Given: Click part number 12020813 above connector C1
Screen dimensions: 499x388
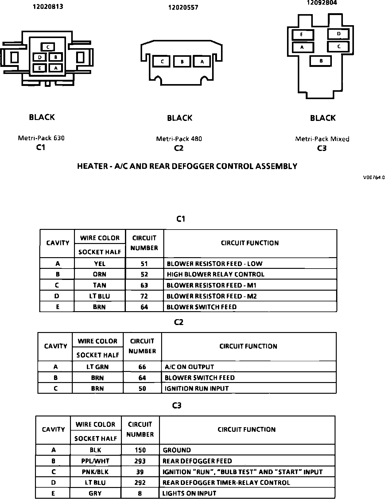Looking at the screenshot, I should (48, 6).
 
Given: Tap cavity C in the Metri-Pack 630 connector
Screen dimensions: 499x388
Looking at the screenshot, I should (48, 47).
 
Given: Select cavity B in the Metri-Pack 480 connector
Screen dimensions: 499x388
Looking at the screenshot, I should (182, 61).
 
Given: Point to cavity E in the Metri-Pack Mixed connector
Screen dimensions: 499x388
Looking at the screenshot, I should (302, 34).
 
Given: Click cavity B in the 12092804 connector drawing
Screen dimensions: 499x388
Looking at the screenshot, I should (321, 61).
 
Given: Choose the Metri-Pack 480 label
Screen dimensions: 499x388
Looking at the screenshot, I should (179, 139).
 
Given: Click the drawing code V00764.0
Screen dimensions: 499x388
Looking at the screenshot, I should (374, 177).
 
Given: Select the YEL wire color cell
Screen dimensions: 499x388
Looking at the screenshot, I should (100, 264).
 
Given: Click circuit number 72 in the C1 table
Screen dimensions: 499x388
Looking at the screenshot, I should (144, 296).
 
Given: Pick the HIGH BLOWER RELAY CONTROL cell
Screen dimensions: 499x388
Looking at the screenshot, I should (215, 274).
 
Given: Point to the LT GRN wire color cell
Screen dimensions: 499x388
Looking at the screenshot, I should (98, 367).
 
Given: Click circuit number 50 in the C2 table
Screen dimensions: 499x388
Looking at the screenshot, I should (142, 389).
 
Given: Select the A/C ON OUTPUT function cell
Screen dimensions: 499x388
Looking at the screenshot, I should (189, 367).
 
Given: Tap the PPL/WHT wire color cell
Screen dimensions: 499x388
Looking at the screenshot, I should (95, 461).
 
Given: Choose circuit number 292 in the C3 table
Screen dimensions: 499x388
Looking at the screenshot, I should (140, 482).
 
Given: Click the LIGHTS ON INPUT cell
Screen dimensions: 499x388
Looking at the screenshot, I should (189, 493).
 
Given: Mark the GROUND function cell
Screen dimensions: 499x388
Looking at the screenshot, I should (177, 450).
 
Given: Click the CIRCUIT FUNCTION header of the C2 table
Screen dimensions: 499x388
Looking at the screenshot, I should (248, 346).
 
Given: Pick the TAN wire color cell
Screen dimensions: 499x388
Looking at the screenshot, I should (100, 285).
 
